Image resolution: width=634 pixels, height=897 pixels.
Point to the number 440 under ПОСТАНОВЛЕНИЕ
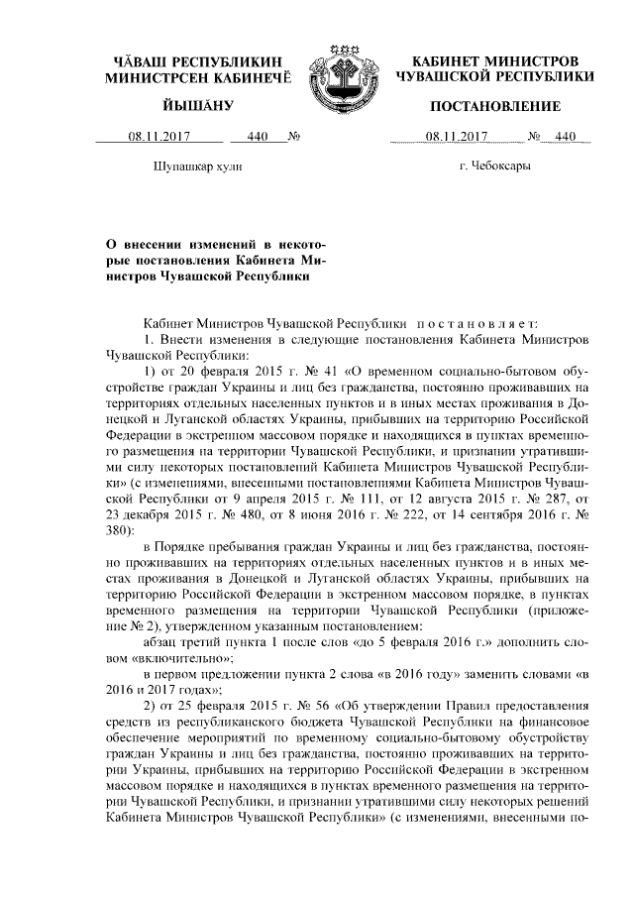(564, 138)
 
